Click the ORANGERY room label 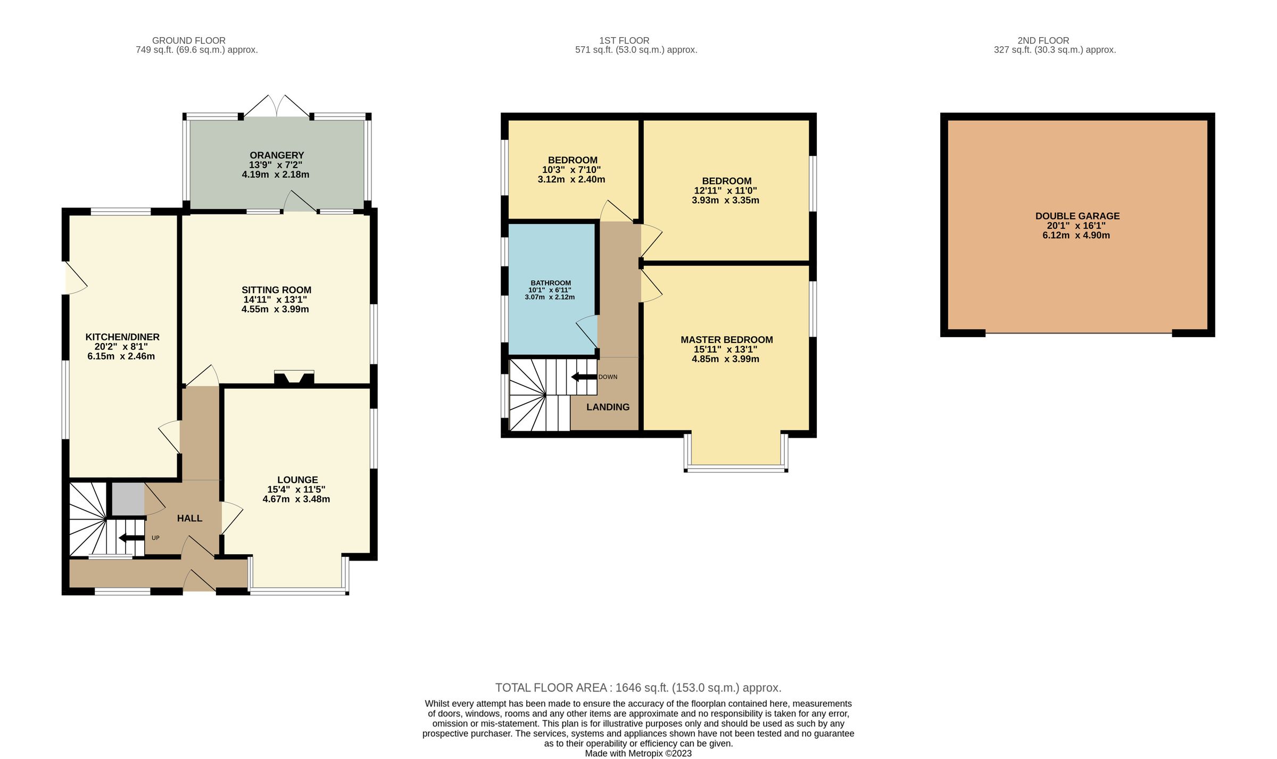(277, 155)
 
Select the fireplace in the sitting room (294, 378)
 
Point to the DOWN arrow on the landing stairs (584, 377)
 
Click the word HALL (189, 518)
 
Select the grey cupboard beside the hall (128, 499)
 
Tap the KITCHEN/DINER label (122, 337)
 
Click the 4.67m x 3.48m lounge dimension (296, 499)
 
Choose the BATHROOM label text (551, 283)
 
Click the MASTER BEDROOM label (726, 340)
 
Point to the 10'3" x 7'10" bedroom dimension (571, 170)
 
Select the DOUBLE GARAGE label (1077, 216)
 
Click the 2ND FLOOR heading (1043, 40)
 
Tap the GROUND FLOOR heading (189, 40)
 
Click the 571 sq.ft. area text (636, 50)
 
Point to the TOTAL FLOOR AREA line (638, 688)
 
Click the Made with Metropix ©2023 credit (638, 753)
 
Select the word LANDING (608, 407)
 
